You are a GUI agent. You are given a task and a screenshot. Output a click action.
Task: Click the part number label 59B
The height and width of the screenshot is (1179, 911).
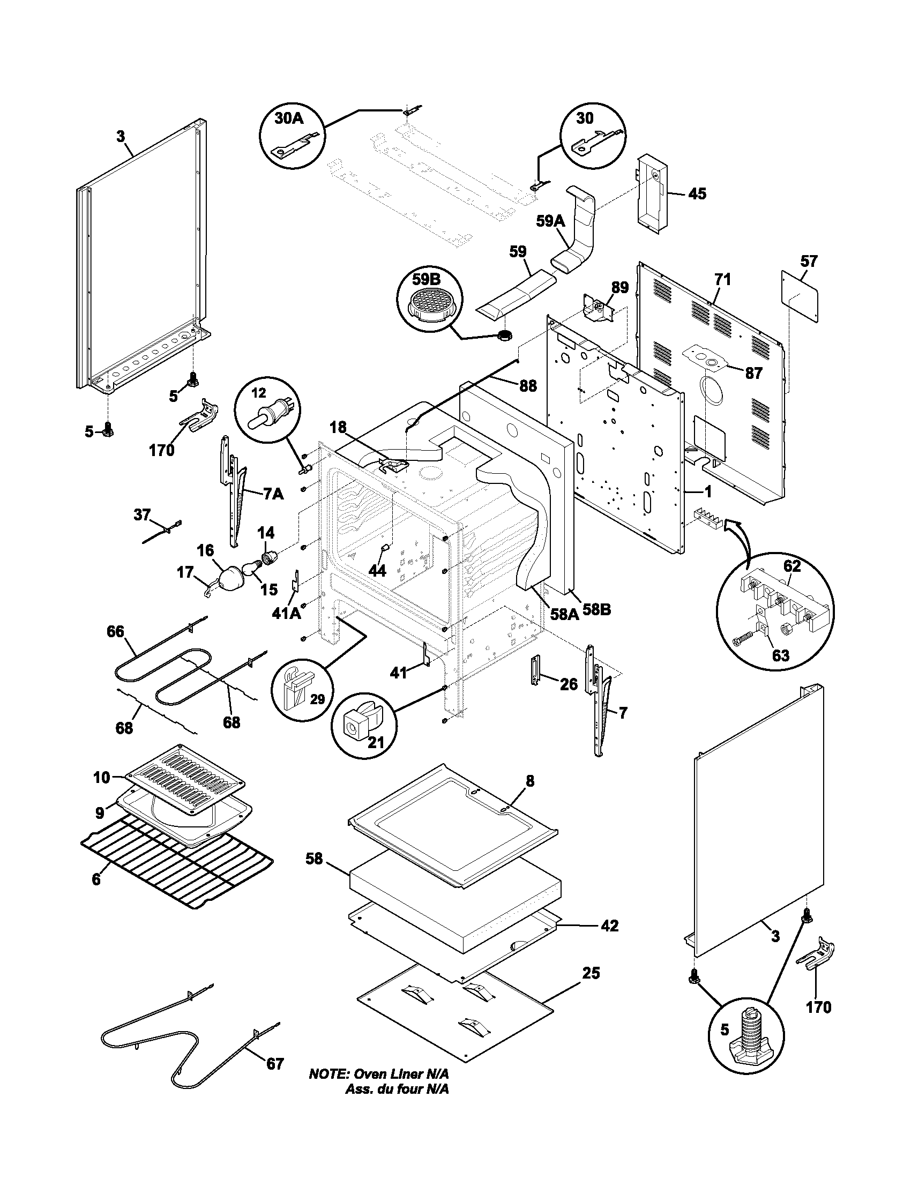[427, 279]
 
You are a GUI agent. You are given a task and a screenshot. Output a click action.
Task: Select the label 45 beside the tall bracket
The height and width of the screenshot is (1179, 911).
[697, 194]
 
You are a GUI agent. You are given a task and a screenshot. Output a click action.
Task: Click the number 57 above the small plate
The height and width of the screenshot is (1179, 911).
[809, 262]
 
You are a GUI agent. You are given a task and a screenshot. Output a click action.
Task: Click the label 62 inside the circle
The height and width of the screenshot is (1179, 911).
[791, 566]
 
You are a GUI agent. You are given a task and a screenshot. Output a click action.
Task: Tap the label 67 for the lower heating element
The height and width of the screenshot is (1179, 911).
[275, 1064]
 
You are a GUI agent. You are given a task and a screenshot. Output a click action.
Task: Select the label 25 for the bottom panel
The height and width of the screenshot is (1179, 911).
[591, 973]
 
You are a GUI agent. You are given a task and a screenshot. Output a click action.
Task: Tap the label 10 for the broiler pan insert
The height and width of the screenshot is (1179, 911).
[101, 778]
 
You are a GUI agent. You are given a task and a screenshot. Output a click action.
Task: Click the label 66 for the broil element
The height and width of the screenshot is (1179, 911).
[115, 631]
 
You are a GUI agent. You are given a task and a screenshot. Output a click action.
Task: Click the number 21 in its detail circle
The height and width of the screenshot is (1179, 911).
[376, 743]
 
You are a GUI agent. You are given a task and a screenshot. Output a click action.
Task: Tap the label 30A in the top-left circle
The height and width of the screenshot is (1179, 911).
[289, 118]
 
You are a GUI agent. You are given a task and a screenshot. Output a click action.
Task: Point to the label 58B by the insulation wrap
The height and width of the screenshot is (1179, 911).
[598, 610]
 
